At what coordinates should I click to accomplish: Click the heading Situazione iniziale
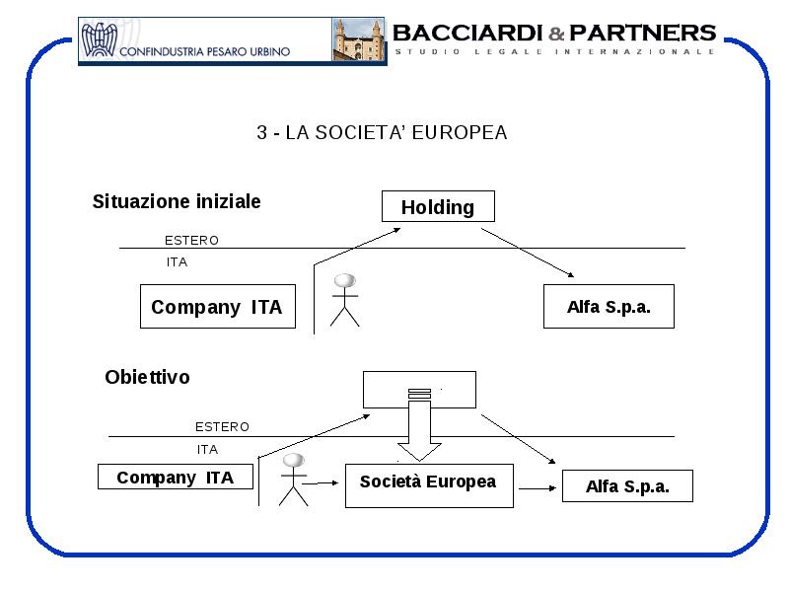click(x=177, y=201)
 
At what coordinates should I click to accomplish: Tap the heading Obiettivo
click(x=147, y=377)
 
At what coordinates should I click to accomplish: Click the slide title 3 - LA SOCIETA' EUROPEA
click(x=382, y=132)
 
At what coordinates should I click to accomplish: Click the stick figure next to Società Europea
click(x=293, y=480)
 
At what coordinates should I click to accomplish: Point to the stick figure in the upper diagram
click(x=344, y=300)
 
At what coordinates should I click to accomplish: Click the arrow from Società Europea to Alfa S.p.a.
click(x=538, y=487)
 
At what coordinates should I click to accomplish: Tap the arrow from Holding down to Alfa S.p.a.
click(x=528, y=253)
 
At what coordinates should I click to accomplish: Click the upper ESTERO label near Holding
click(x=191, y=240)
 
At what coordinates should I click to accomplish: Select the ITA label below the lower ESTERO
click(x=207, y=449)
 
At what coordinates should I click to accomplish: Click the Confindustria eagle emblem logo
click(x=100, y=39)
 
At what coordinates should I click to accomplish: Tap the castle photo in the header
click(x=358, y=39)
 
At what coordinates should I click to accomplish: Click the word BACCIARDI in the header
click(x=467, y=34)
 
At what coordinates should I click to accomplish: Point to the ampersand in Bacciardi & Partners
click(x=556, y=34)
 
